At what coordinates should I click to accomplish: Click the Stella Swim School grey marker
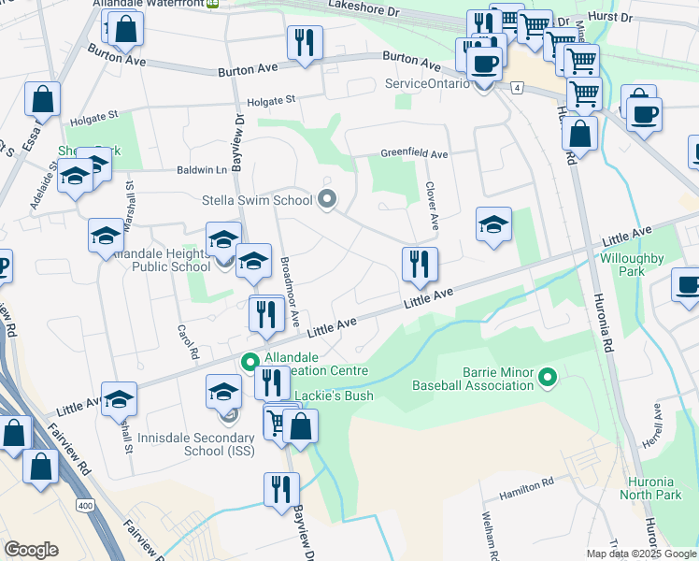pyautogui.click(x=326, y=199)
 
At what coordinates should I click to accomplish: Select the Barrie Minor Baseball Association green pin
pyautogui.click(x=549, y=378)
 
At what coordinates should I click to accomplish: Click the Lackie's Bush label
pyautogui.click(x=334, y=396)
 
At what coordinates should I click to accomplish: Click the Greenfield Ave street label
pyautogui.click(x=414, y=153)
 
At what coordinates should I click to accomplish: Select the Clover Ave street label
pyautogui.click(x=432, y=207)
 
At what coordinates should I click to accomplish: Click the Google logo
pyautogui.click(x=31, y=550)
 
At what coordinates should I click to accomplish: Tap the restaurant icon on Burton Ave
pyautogui.click(x=305, y=44)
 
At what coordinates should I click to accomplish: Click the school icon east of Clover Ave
pyautogui.click(x=493, y=224)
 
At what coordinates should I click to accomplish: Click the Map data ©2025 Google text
pyautogui.click(x=641, y=554)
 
